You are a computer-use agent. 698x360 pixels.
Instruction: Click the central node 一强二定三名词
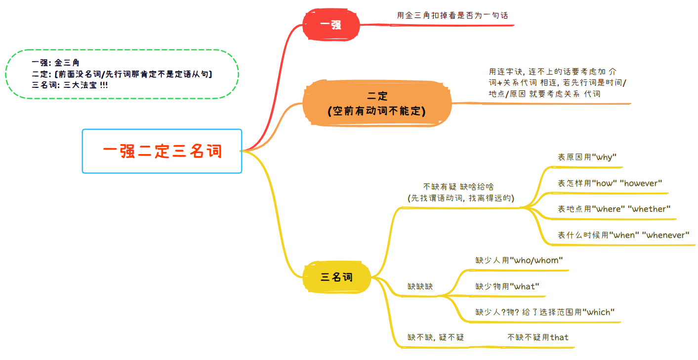click(162, 151)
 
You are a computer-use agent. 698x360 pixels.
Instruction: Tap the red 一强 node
click(331, 25)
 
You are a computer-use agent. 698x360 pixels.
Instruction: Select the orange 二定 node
click(376, 104)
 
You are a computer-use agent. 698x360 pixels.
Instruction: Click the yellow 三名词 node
click(337, 277)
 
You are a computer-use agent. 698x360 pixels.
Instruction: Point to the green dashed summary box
click(122, 74)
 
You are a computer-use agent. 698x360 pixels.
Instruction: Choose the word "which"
click(598, 312)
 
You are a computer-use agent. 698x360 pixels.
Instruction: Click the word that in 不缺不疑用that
click(559, 337)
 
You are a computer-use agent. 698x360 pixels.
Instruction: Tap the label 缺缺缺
click(420, 286)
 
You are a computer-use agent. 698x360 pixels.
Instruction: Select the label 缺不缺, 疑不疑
click(435, 337)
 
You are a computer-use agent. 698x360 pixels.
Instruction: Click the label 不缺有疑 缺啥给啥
click(458, 187)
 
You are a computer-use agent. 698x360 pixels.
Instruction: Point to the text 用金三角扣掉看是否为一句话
click(452, 15)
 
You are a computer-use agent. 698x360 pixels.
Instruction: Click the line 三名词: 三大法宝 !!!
click(69, 84)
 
